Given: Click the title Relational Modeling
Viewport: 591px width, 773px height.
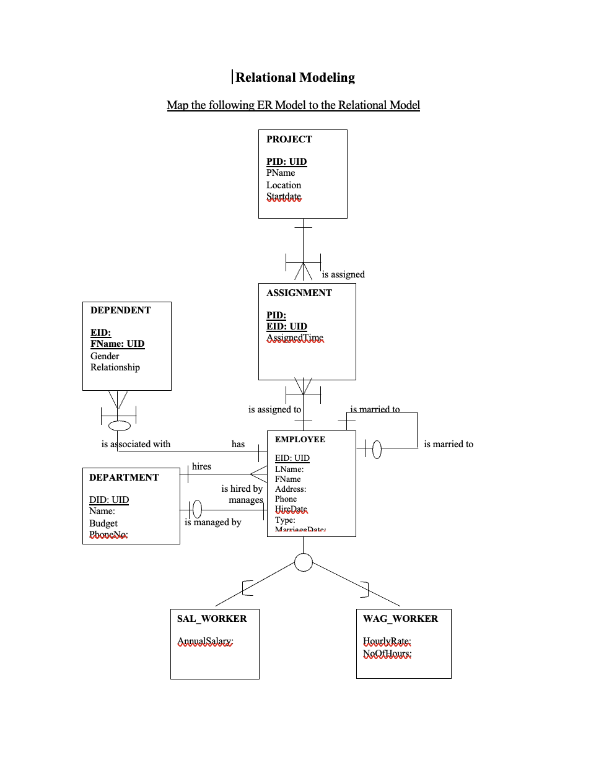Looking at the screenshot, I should pyautogui.click(x=295, y=77).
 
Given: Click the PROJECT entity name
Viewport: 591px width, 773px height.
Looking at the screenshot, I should pyautogui.click(x=289, y=139).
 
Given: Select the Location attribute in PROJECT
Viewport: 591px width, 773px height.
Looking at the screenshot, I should pyautogui.click(x=284, y=185).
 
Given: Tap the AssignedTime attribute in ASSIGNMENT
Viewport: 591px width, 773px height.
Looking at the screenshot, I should pyautogui.click(x=295, y=338).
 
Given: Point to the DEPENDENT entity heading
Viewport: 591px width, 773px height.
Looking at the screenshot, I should pyautogui.click(x=120, y=310).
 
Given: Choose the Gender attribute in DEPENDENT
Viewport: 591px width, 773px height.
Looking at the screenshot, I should pyautogui.click(x=105, y=356).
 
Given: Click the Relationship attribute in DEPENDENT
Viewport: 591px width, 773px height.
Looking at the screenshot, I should pyautogui.click(x=115, y=367).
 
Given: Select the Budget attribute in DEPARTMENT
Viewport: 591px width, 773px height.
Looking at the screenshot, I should pyautogui.click(x=103, y=523).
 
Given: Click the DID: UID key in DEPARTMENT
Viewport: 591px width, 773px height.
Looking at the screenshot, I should pyautogui.click(x=109, y=500).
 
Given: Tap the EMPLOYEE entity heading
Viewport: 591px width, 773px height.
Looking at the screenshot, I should pyautogui.click(x=300, y=439).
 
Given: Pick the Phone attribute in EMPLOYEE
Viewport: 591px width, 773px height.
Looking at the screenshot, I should pyautogui.click(x=286, y=499).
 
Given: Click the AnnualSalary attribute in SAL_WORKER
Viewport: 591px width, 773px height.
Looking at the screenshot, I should pyautogui.click(x=205, y=641).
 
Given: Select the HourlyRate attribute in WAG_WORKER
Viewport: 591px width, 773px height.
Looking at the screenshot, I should pyautogui.click(x=387, y=641).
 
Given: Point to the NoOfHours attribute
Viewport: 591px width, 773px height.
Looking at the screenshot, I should pyautogui.click(x=387, y=653).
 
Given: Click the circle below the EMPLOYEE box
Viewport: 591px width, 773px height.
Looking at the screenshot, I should pyautogui.click(x=304, y=562).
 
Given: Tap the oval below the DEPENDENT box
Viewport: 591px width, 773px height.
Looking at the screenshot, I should pyautogui.click(x=120, y=426).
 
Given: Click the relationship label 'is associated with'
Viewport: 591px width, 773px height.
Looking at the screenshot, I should pyautogui.click(x=136, y=444).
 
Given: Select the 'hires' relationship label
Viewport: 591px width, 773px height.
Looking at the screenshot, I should pyautogui.click(x=201, y=466).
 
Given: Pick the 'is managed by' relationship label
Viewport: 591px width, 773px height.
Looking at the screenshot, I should pyautogui.click(x=212, y=522).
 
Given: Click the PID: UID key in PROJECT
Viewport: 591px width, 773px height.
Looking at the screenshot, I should pyautogui.click(x=286, y=162).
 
